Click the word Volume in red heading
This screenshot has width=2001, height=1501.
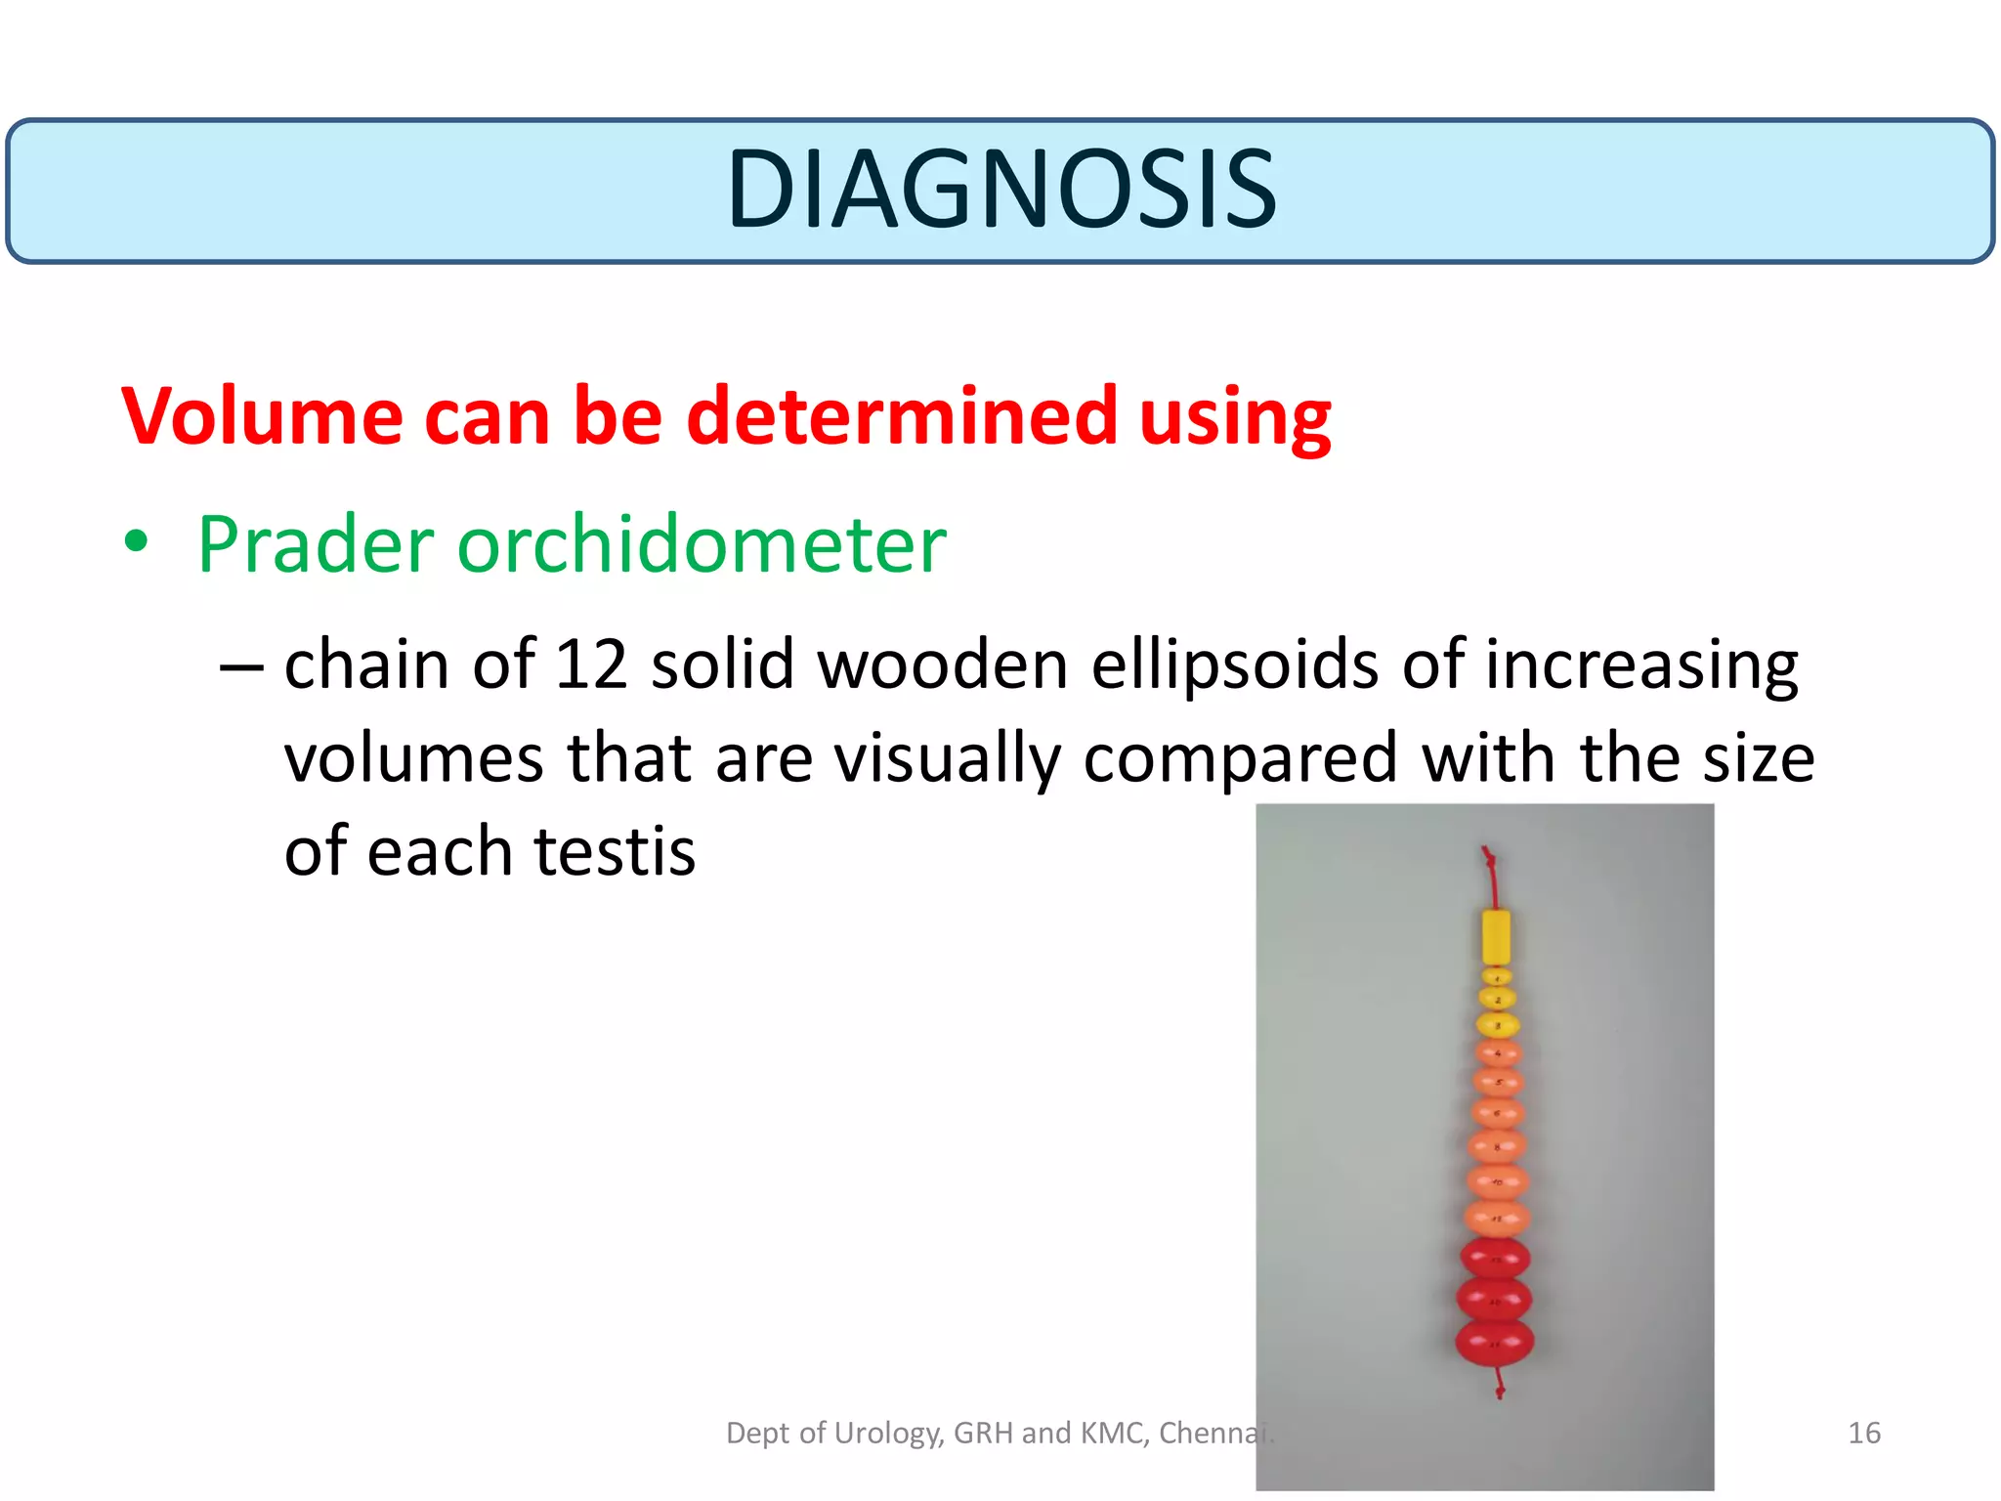[261, 417]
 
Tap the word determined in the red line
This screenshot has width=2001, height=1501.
[901, 417]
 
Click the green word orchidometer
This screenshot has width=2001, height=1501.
[702, 545]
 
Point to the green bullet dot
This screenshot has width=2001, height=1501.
[137, 541]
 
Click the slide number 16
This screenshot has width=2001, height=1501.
[1863, 1434]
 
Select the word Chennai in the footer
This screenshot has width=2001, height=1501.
[1214, 1434]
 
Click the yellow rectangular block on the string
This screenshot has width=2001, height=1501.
[1496, 936]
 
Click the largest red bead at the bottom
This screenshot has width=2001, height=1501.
[1495, 1342]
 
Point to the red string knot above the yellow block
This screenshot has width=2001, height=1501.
[1489, 860]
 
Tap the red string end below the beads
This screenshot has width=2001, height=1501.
[1500, 1386]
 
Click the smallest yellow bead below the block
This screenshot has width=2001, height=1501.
[1497, 976]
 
